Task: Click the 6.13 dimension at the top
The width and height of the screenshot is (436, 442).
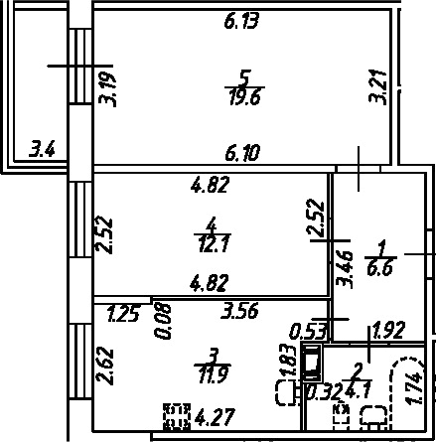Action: point(241,22)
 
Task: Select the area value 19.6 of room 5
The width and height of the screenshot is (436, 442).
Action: point(245,97)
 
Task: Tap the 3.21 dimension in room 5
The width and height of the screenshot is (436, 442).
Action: point(378,86)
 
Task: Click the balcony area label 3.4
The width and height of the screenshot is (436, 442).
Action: point(42,149)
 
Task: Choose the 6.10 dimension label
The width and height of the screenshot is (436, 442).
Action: point(242,153)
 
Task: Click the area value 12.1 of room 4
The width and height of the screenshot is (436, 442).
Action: point(214,245)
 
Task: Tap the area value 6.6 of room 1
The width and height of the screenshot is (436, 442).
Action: point(380,268)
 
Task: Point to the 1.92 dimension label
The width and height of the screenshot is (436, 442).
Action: point(389,331)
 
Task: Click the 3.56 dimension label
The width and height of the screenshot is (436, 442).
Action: point(239,311)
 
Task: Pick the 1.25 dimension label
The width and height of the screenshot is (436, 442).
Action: point(122,314)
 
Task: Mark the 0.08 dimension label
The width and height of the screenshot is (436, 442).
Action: point(163,320)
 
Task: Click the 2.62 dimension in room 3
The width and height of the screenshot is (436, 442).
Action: point(104,366)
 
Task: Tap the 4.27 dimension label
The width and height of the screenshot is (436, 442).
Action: point(216,418)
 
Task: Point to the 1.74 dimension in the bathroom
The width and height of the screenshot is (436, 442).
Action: point(414,388)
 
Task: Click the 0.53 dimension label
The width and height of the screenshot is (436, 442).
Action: point(309,332)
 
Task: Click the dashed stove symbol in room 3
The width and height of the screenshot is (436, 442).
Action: point(178,416)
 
